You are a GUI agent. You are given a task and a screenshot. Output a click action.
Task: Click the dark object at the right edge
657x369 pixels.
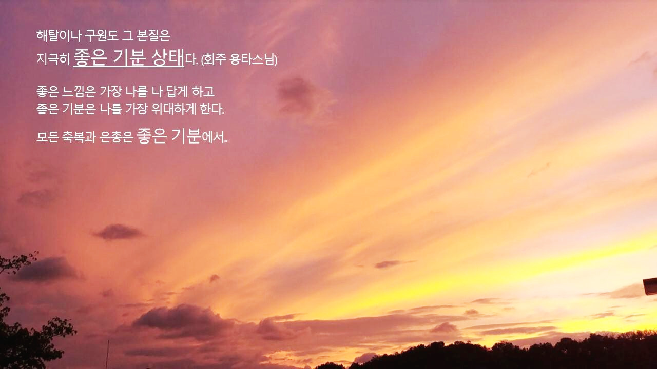click(x=650, y=285)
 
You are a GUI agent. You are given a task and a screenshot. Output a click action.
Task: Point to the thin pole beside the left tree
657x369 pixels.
click(x=107, y=354)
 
